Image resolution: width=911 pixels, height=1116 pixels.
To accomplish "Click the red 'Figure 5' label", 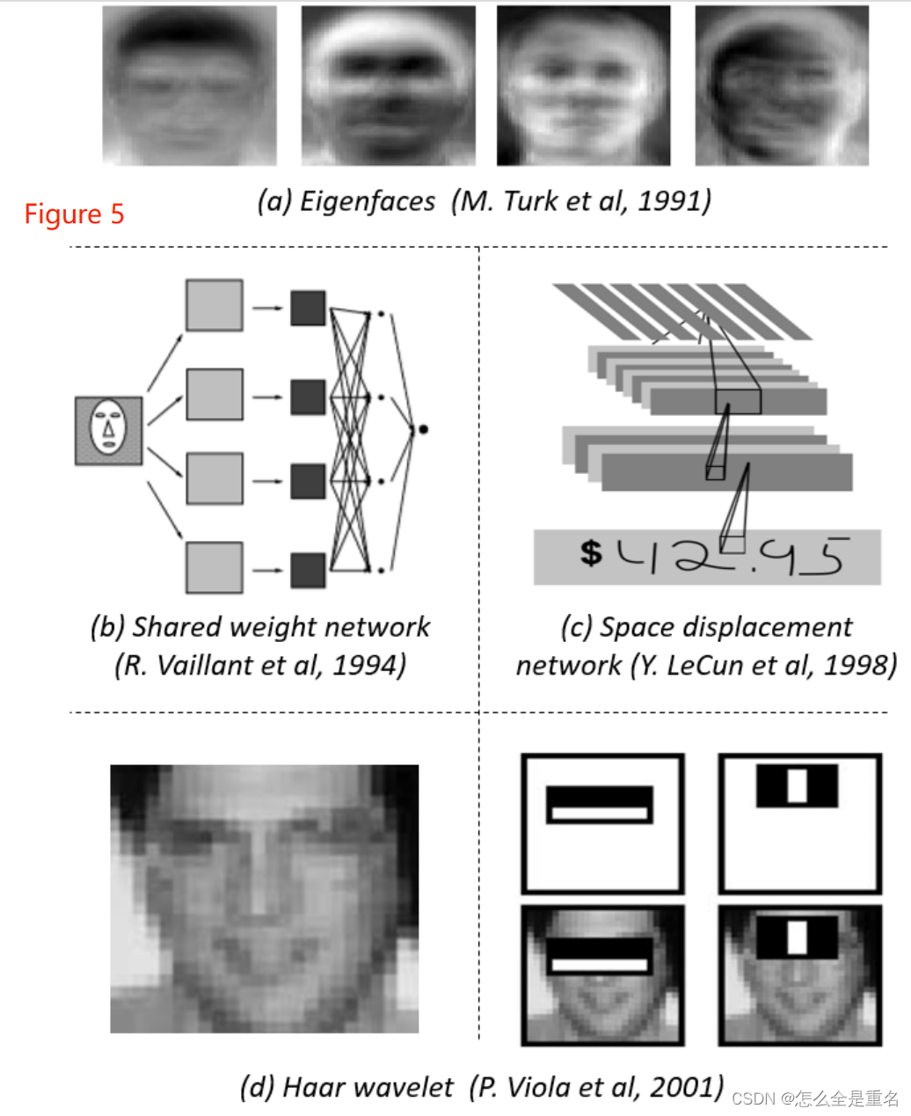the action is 74,214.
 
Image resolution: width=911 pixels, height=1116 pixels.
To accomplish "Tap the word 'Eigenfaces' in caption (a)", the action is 368,201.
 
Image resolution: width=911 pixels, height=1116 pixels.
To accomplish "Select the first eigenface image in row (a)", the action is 189,85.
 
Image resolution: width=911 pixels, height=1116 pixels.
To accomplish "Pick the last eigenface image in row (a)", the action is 782,85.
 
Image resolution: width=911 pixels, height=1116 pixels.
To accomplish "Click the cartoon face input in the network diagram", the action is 108,430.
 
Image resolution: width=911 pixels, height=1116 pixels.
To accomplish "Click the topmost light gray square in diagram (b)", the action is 214,305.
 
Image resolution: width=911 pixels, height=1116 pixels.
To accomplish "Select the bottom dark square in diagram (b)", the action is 308,570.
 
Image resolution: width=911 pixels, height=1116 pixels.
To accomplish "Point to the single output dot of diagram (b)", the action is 423,429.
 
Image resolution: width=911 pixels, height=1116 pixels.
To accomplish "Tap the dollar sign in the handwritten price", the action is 591,552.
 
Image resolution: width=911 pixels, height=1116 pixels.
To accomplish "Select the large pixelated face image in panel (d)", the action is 264,898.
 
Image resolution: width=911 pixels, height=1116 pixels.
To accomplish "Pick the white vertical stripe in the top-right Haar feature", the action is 797,785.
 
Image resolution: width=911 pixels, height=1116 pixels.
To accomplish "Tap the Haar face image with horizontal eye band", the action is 602,975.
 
